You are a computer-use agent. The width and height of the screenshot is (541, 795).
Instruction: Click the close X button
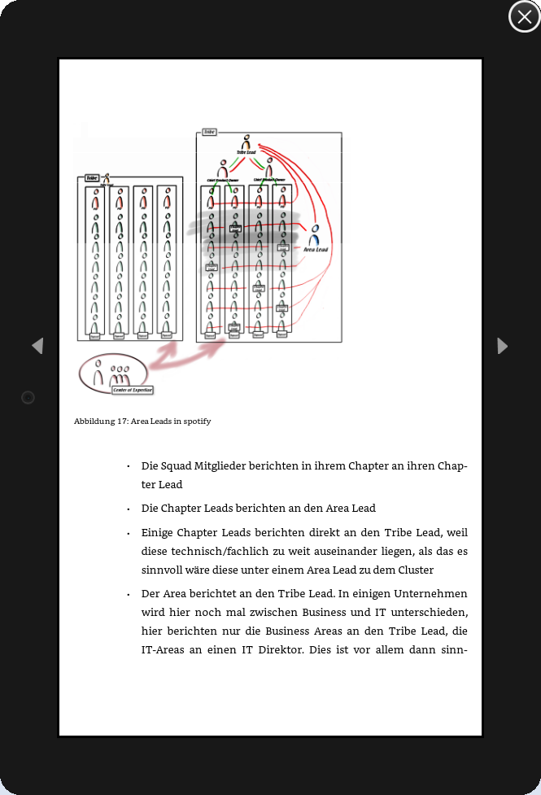(x=524, y=16)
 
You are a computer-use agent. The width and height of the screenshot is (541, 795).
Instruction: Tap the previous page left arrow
(x=37, y=346)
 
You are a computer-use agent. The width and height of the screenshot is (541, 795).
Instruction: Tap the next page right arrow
(x=502, y=346)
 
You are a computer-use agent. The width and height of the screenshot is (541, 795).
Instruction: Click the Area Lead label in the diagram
(x=315, y=250)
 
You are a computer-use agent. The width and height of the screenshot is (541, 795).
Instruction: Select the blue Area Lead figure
(x=314, y=235)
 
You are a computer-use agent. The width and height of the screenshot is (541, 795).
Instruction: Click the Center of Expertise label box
(x=132, y=391)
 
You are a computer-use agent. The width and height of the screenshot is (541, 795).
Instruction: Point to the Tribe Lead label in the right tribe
(x=245, y=152)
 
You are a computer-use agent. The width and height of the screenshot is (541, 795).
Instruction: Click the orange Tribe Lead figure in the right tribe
(x=245, y=142)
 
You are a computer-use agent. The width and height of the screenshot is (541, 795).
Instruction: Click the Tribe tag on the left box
(x=92, y=177)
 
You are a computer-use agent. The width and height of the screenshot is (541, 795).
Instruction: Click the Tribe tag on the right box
(x=209, y=131)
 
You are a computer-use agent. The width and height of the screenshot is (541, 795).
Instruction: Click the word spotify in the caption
(x=196, y=422)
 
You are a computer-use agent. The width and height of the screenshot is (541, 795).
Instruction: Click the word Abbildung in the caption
(x=92, y=422)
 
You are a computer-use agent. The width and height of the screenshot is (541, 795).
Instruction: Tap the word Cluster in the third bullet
(x=412, y=570)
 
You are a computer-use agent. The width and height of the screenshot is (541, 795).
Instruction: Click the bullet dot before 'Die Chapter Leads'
(x=129, y=509)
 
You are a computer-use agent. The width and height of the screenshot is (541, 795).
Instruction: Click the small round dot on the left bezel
(x=28, y=397)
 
